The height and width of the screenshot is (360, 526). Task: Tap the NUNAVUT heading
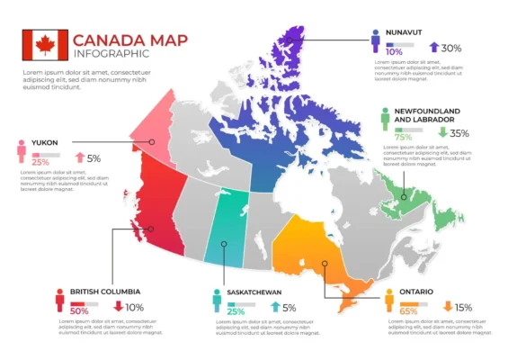(405, 32)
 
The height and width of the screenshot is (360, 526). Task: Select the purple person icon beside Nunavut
(374, 40)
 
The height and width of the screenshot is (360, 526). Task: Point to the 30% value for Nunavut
(451, 49)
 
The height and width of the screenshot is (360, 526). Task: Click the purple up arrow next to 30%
(433, 48)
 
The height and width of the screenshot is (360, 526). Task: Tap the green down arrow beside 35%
(442, 132)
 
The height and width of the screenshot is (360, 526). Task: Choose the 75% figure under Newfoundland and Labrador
(404, 137)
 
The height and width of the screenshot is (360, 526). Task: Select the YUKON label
(45, 142)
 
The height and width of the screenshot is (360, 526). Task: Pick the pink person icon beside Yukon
(19, 151)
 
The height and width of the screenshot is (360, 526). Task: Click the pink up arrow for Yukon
(79, 158)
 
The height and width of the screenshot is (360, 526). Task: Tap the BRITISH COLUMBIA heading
(98, 292)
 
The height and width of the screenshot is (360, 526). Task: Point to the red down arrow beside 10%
(118, 307)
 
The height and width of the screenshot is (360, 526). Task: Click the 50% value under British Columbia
(79, 310)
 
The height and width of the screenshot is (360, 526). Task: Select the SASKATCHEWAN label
(254, 292)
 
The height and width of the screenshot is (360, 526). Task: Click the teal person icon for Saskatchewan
(216, 300)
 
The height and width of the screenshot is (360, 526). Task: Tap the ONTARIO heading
(417, 292)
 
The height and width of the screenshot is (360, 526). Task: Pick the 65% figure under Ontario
(408, 311)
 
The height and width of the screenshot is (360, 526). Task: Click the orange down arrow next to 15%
(448, 307)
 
